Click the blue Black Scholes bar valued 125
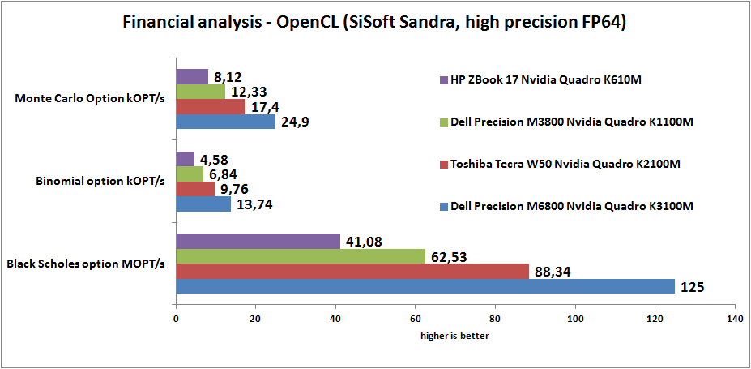click(x=425, y=286)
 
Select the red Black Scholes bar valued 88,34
click(x=352, y=271)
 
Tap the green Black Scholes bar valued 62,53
click(x=301, y=256)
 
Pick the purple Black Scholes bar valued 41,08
click(x=258, y=241)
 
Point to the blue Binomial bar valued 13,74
click(x=203, y=204)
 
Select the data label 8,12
click(x=226, y=76)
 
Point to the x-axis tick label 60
click(x=416, y=319)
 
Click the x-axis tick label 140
click(x=734, y=319)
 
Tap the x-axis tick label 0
click(x=176, y=319)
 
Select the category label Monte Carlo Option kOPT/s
click(x=90, y=99)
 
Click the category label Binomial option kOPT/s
click(x=100, y=181)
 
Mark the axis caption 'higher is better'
click(x=454, y=335)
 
